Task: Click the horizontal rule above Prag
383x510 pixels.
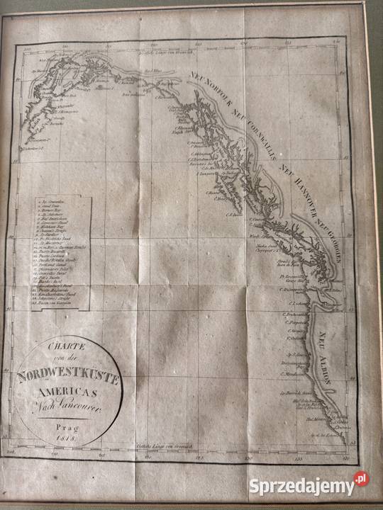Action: tap(65, 420)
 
